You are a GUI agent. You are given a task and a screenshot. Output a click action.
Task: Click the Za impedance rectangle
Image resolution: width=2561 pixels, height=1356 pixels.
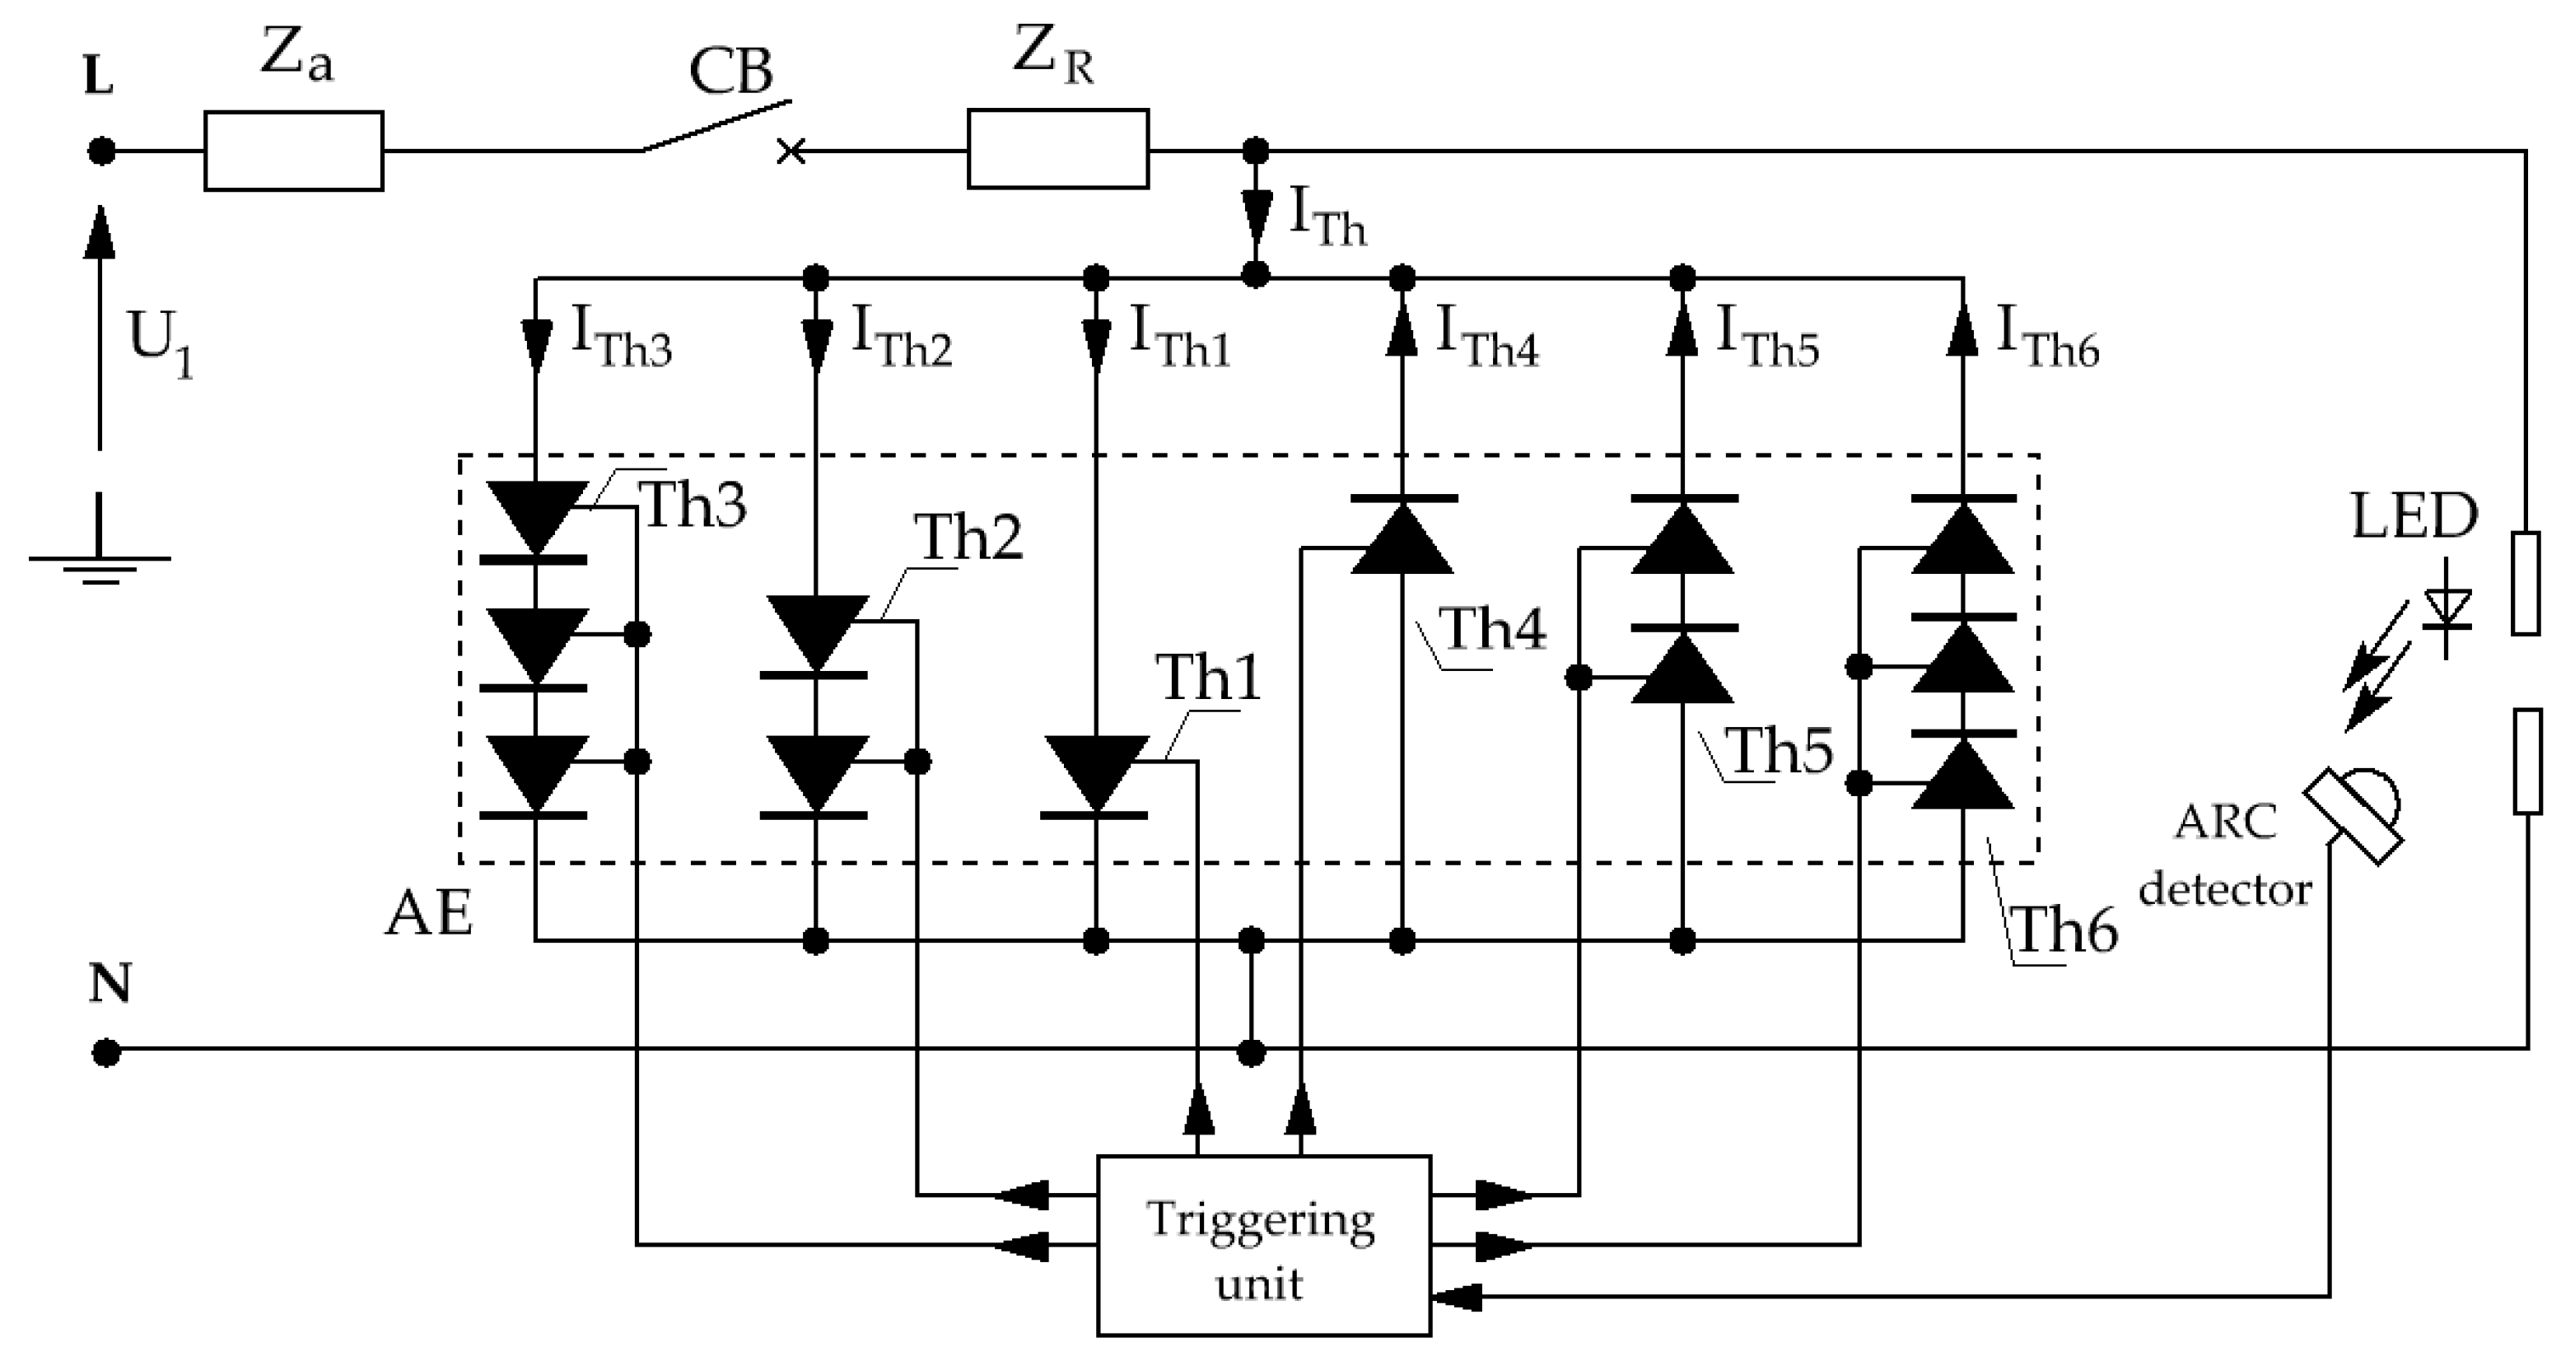point(293,151)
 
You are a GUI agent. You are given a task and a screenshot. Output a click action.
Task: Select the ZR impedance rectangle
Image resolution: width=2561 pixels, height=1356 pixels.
point(1058,150)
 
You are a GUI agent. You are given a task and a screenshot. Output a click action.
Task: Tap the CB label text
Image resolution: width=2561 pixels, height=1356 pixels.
point(730,72)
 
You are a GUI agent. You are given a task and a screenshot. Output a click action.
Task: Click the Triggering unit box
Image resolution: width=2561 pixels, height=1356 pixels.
point(1262,1245)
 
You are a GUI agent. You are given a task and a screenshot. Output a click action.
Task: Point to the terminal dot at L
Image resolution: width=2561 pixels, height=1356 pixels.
point(100,151)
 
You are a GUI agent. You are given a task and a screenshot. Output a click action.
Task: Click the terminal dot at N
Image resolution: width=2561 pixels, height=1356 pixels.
point(106,1052)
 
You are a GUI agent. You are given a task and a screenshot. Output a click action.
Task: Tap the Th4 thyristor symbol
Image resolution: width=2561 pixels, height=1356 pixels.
point(1402,537)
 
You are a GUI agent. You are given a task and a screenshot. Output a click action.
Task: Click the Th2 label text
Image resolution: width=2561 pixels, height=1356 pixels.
point(968,538)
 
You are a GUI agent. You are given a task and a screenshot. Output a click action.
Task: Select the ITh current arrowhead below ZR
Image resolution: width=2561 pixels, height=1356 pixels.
point(1256,212)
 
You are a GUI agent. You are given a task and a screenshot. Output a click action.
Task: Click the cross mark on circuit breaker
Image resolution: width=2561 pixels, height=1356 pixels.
point(791,152)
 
